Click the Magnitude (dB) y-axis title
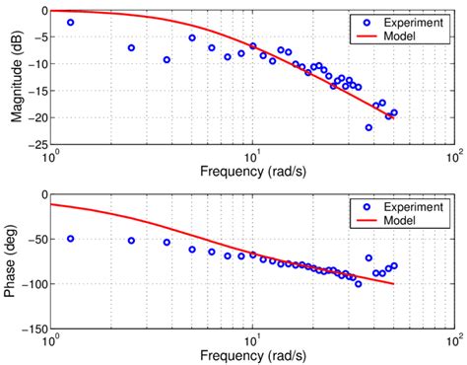tap(18, 77)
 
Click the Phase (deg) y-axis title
tap(18, 260)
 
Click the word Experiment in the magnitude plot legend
tap(408, 21)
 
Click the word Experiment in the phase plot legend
tap(408, 207)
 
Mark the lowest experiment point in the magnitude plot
tap(369, 127)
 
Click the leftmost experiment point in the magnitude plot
tap(70, 22)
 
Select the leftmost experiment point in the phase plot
tap(70, 239)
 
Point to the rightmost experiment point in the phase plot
tap(394, 265)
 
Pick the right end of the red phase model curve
tap(394, 284)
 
